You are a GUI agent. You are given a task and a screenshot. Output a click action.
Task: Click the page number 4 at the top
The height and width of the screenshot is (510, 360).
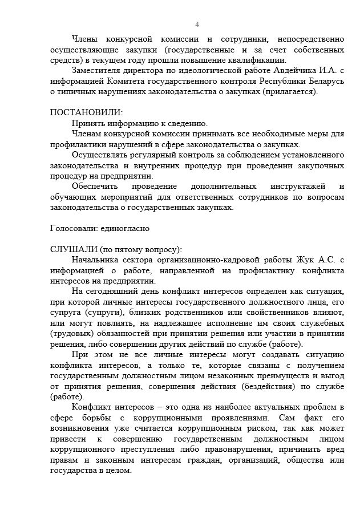(x=197, y=24)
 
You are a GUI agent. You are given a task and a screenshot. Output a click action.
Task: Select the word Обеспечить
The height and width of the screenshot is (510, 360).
(x=95, y=187)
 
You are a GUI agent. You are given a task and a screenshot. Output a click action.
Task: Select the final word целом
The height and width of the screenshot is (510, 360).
(x=120, y=471)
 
